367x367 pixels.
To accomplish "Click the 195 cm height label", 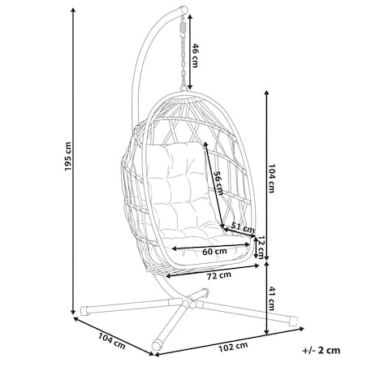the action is tap(68, 156).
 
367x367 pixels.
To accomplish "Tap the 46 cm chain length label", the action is tap(195, 55).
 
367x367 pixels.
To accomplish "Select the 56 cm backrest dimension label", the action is tap(218, 183).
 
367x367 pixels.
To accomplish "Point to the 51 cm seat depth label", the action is tap(243, 228).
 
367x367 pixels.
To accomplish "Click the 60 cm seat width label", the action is tap(215, 252).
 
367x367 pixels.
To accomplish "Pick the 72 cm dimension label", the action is tap(219, 275).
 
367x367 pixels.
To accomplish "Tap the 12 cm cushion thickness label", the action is tap(261, 247).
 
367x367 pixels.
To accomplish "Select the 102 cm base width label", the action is tap(233, 347).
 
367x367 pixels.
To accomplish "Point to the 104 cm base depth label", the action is tap(111, 341).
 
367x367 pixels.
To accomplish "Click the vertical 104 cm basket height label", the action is tap(271, 179).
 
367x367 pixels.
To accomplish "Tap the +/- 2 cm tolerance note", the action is tap(322, 350).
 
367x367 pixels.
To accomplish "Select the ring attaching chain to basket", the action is tap(184, 89).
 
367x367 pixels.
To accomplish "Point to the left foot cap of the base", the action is tap(84, 311).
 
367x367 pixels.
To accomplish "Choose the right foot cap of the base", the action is tap(293, 321).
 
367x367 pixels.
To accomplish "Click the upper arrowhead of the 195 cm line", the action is tap(73, 11).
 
